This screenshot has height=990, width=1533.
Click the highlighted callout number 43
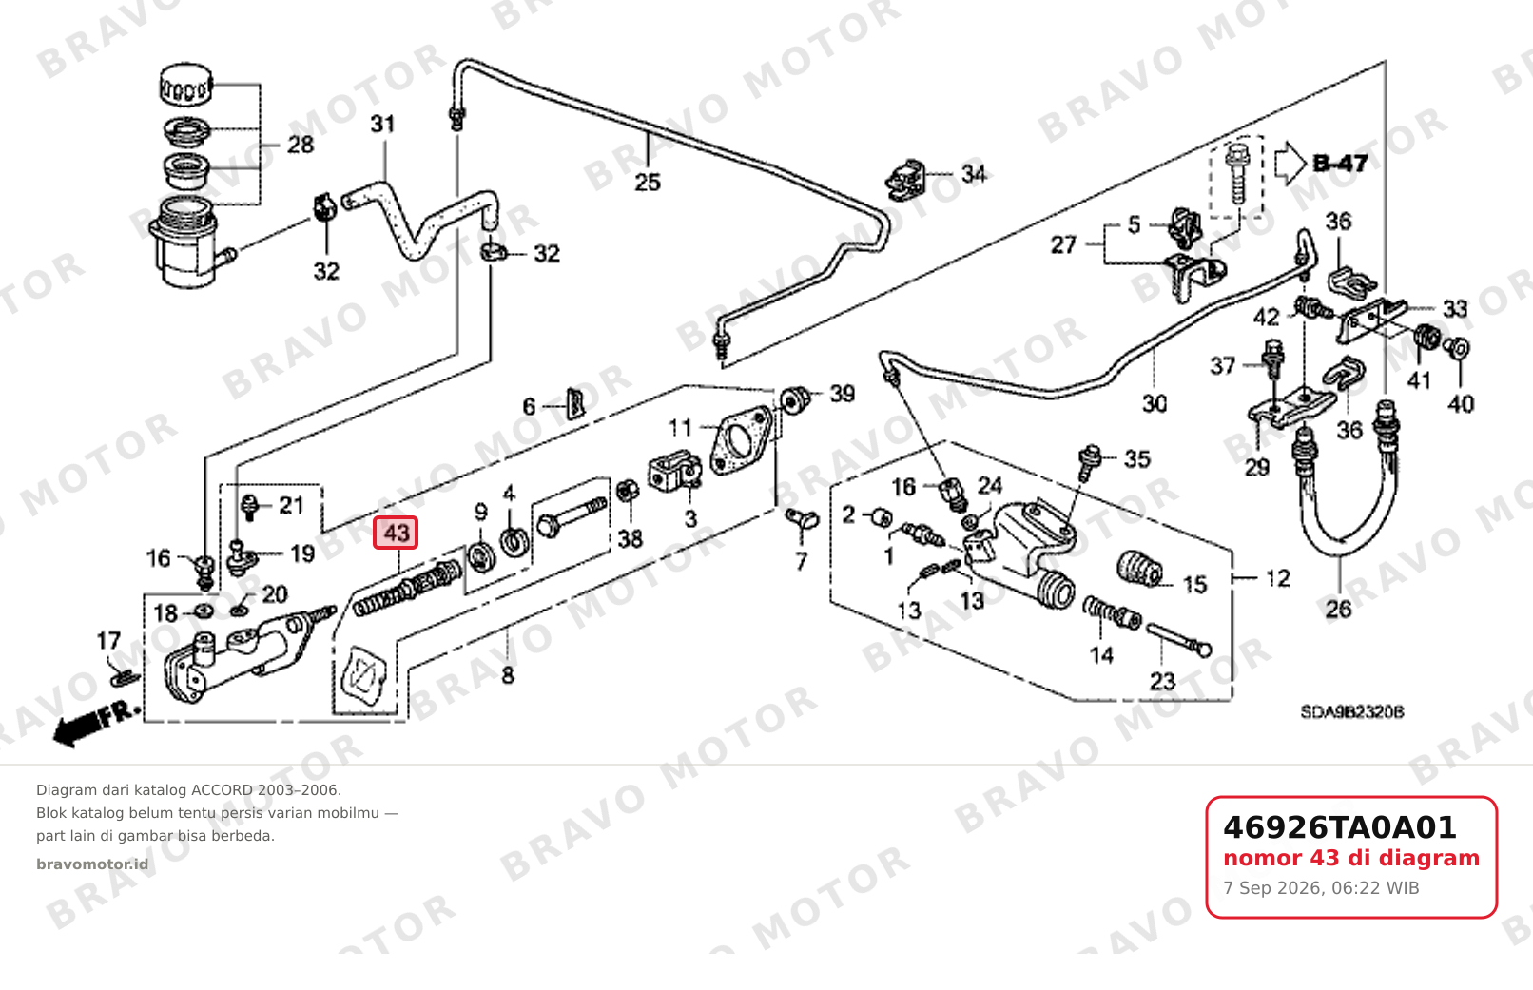(396, 533)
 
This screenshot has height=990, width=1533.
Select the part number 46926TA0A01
(1339, 827)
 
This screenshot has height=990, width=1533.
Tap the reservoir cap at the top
(185, 85)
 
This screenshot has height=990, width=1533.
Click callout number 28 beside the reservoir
(300, 146)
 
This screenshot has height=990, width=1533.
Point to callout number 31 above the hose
(382, 124)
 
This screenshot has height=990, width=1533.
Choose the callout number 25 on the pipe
(648, 183)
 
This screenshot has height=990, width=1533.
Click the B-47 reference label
(1340, 163)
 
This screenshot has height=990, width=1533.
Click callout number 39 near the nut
(842, 394)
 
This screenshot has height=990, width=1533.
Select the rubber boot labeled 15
(1138, 570)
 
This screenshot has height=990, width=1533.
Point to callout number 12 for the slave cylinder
(1278, 579)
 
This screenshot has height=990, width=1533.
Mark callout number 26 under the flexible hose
(1339, 609)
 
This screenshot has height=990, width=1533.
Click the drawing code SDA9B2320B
(1352, 712)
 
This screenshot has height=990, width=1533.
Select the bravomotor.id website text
(92, 864)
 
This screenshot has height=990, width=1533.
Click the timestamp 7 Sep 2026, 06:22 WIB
(1321, 888)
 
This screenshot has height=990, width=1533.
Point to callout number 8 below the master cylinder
(507, 676)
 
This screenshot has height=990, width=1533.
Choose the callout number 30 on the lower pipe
(1154, 403)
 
